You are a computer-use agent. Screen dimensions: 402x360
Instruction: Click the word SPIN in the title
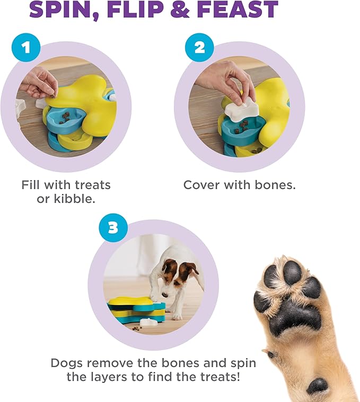[x=63, y=10]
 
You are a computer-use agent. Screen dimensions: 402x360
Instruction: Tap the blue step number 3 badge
[x=113, y=228]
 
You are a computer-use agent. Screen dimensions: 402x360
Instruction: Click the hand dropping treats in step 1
[x=40, y=82]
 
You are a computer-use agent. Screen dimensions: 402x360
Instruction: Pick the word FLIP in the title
[x=134, y=10]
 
